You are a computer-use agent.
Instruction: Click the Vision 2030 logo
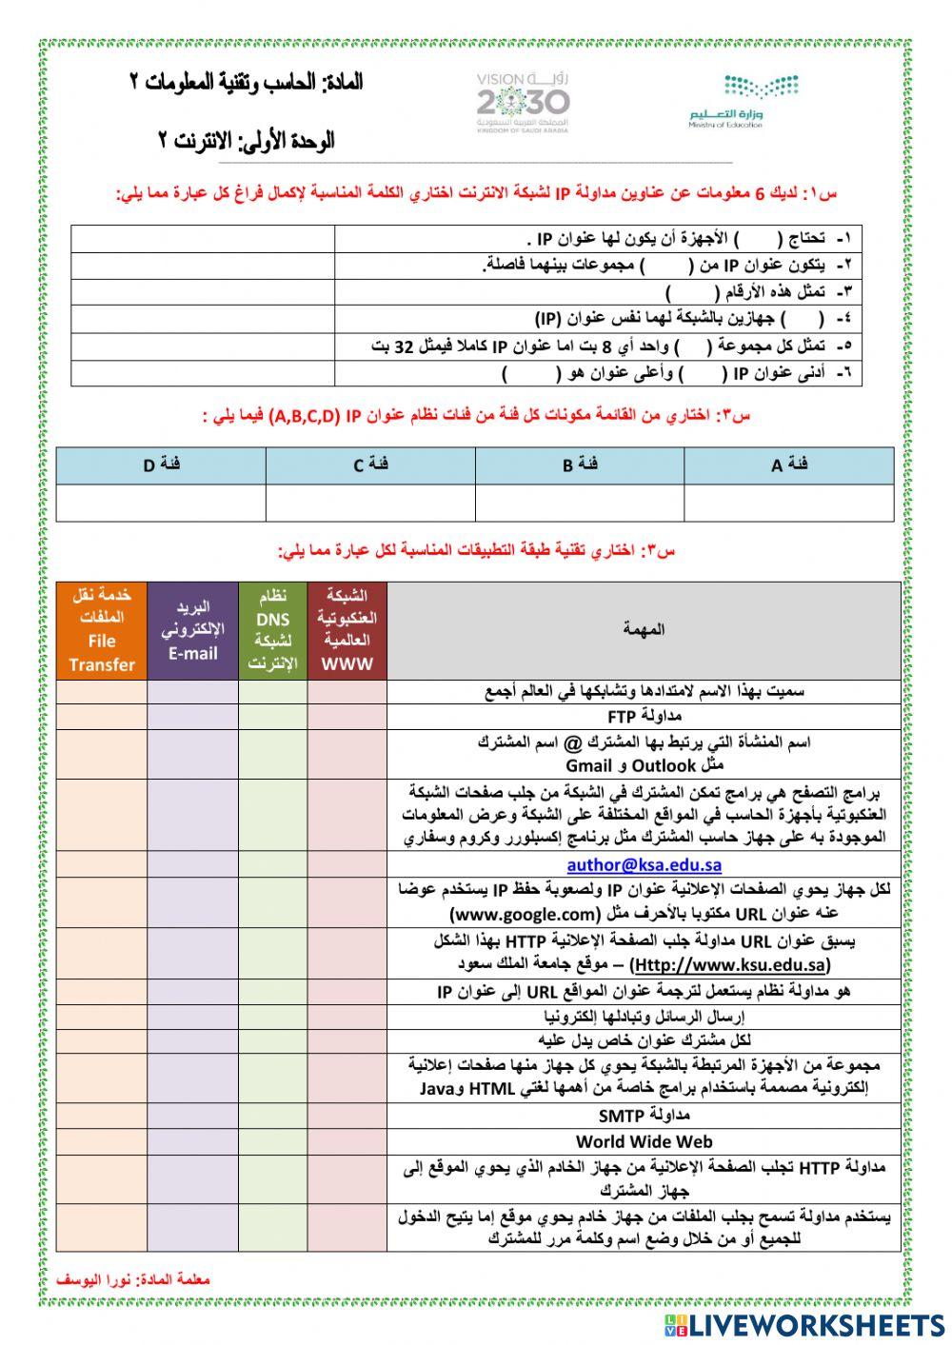click(523, 101)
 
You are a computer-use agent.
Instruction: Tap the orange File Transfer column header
click(101, 630)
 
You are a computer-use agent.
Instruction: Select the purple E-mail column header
click(193, 630)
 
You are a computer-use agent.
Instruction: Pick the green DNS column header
click(273, 630)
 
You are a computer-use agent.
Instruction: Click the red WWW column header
click(347, 630)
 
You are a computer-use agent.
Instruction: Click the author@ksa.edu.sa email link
click(644, 864)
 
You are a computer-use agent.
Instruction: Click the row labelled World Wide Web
click(644, 1141)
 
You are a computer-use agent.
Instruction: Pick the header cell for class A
click(789, 465)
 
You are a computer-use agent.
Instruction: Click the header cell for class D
click(161, 465)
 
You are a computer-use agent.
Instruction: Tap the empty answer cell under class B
click(580, 503)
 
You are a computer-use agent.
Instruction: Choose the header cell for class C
click(370, 465)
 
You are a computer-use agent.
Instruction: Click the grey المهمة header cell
click(644, 629)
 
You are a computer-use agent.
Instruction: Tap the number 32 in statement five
click(405, 346)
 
